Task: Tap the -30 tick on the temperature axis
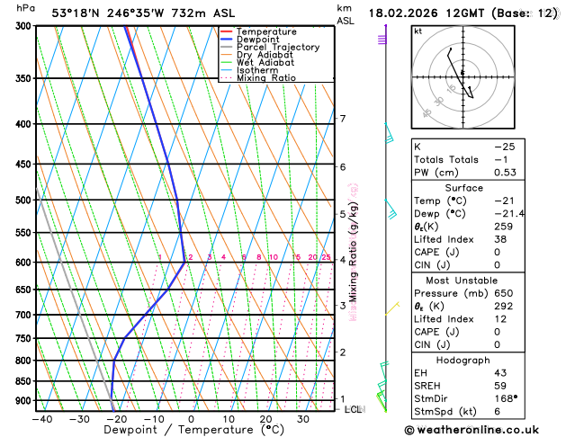(x=79, y=418)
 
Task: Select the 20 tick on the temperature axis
(x=265, y=418)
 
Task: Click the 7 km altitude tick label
(x=342, y=119)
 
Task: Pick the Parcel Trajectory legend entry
(x=277, y=48)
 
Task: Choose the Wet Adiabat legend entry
(x=265, y=63)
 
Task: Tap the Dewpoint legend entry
(x=258, y=40)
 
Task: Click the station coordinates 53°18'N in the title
(x=76, y=13)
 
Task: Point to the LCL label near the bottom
(x=354, y=409)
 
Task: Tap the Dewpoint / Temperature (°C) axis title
(x=173, y=431)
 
